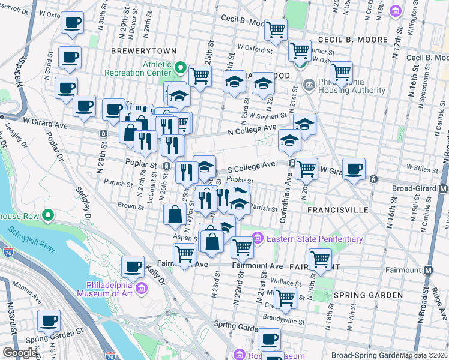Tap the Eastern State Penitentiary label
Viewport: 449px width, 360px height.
pyautogui.click(x=315, y=239)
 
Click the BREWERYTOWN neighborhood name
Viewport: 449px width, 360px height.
pyautogui.click(x=136, y=52)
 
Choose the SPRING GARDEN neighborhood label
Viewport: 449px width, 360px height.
pyautogui.click(x=368, y=295)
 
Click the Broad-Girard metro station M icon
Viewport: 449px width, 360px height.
pyautogui.click(x=443, y=188)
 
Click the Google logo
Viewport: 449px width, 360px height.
pyautogui.click(x=20, y=353)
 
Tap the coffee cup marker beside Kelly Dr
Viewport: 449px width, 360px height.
pyautogui.click(x=133, y=266)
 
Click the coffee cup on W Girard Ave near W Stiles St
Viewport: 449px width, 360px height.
pyautogui.click(x=354, y=169)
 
